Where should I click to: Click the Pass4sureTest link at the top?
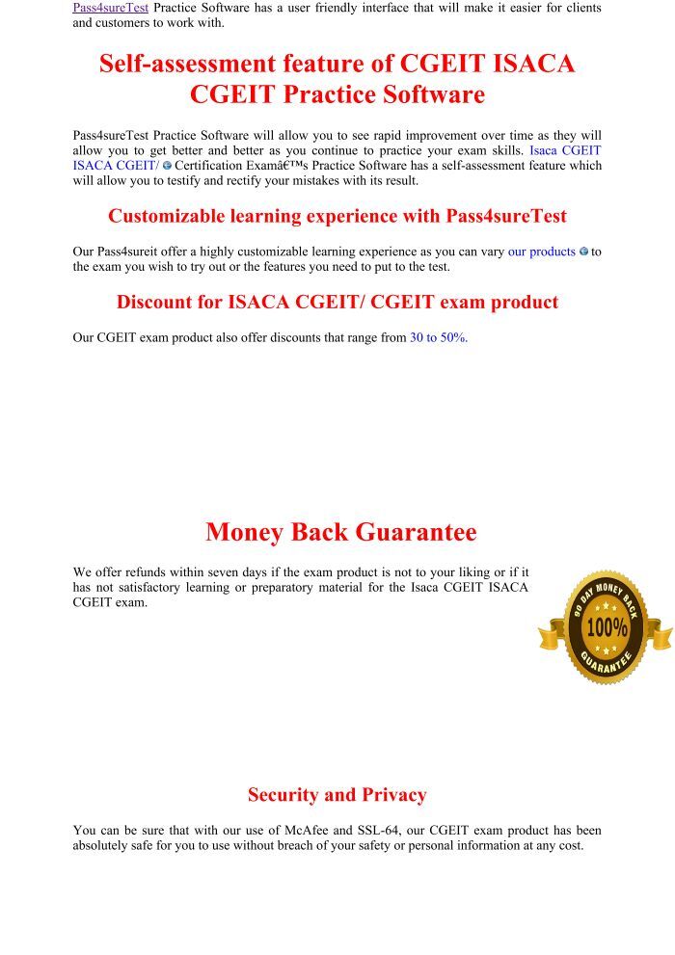point(110,8)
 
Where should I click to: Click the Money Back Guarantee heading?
point(340,532)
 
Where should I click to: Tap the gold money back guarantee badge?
point(606,626)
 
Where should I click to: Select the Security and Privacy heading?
point(337,795)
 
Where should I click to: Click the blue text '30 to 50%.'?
point(439,337)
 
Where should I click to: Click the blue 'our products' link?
point(541,252)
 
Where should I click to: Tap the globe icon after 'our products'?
point(583,252)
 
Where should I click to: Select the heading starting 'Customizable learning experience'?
point(337,216)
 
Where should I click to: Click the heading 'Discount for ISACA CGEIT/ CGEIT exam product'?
point(337,302)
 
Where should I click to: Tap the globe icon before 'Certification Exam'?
point(167,166)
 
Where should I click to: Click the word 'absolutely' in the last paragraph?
point(104,845)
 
